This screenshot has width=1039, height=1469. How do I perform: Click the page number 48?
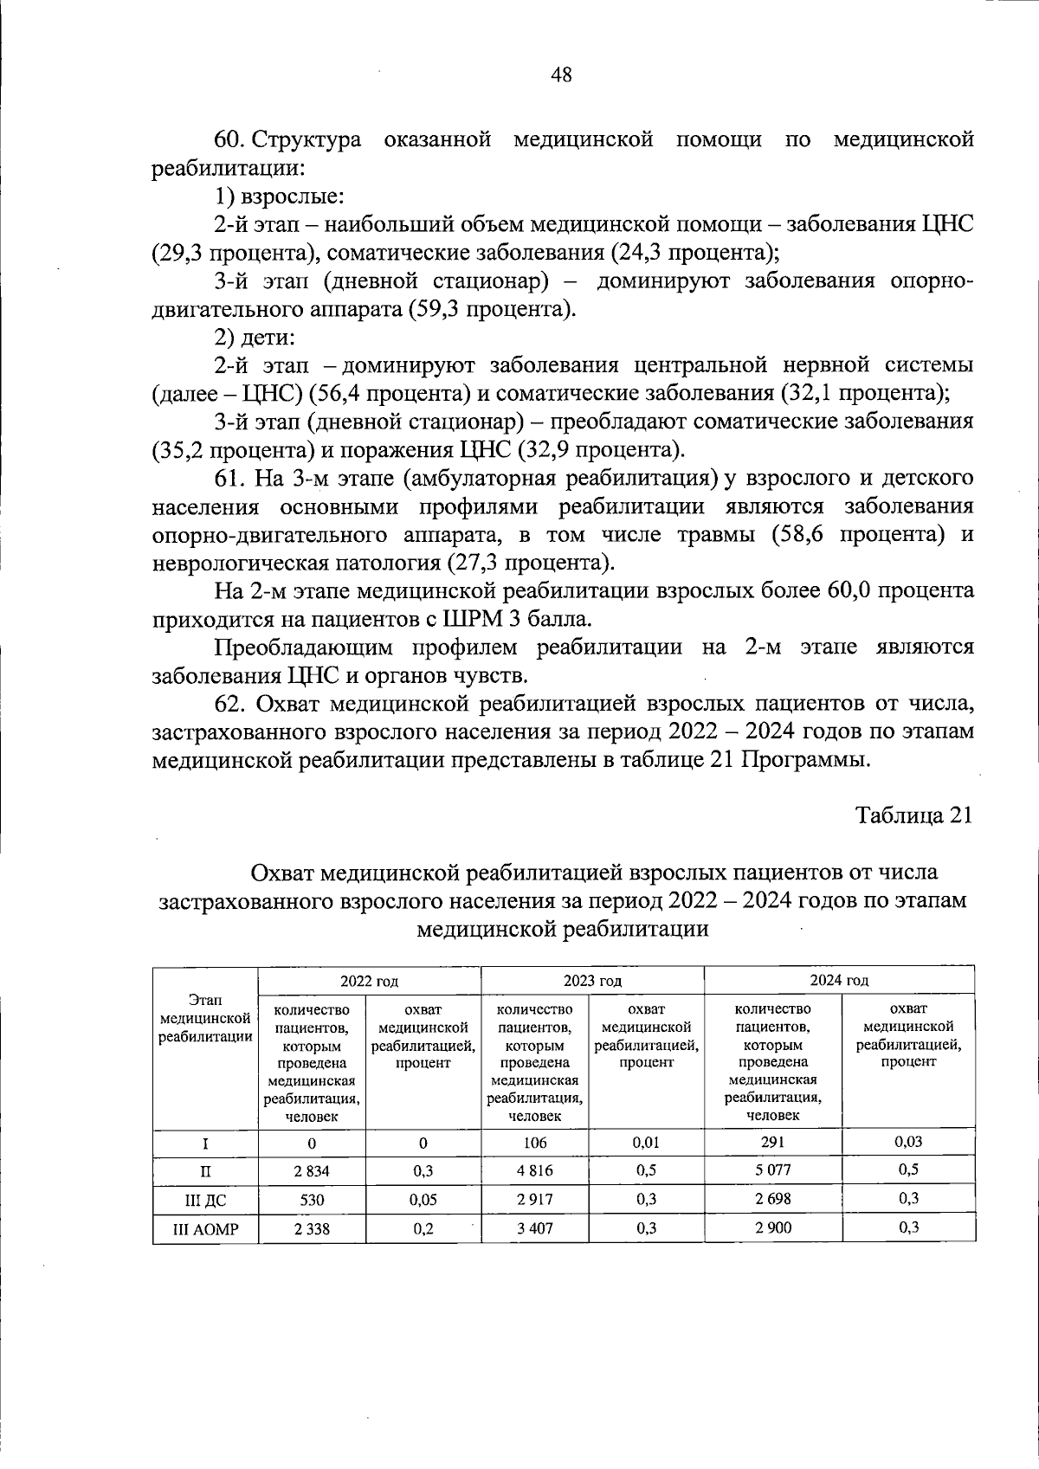pos(561,75)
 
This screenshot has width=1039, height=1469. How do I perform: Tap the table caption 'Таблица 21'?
pos(914,815)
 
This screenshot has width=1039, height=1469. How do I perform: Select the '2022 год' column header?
pos(369,981)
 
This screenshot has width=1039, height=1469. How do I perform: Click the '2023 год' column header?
pos(592,981)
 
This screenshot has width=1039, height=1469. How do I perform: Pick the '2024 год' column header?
pos(839,980)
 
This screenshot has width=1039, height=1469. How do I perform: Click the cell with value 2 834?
pos(312,1171)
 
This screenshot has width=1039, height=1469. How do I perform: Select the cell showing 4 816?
pos(534,1171)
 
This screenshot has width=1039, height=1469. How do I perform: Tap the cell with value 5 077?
pos(772,1170)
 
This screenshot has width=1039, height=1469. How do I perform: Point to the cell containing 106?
pos(534,1143)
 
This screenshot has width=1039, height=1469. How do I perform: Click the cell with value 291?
pos(772,1142)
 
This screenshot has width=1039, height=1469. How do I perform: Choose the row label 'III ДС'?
pos(205,1200)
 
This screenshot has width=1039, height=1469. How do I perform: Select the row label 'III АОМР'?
pos(205,1229)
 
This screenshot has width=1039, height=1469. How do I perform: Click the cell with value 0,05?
pos(423,1200)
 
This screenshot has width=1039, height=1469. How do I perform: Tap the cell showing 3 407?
pos(534,1229)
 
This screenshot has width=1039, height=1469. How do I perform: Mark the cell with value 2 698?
pos(772,1199)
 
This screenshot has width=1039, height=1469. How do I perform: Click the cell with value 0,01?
pos(646,1143)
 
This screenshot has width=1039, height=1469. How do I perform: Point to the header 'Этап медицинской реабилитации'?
pos(205,1019)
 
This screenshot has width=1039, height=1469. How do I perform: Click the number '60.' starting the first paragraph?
pos(231,140)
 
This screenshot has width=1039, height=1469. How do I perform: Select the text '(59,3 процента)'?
pos(490,310)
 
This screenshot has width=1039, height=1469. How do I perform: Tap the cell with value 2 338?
pos(312,1229)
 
